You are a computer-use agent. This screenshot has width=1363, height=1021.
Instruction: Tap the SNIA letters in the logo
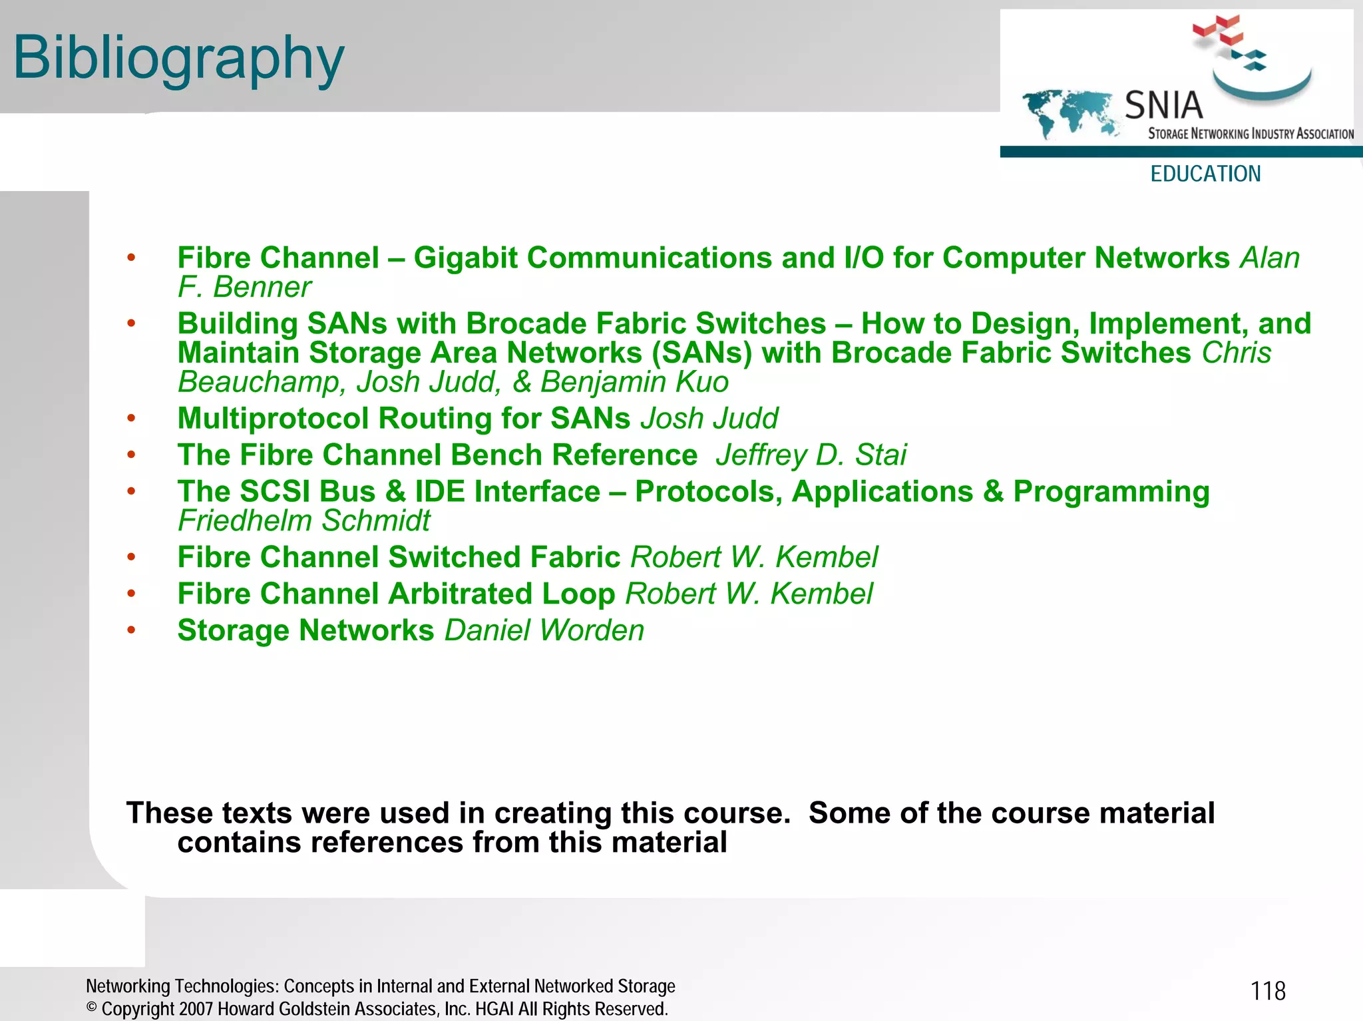(1163, 105)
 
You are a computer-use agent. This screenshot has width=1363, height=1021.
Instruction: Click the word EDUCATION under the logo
(1205, 174)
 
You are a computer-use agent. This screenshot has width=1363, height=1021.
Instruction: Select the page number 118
(1268, 991)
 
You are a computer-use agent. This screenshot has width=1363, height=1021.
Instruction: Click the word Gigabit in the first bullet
(465, 258)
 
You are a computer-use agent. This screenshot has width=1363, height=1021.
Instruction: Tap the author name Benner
(262, 288)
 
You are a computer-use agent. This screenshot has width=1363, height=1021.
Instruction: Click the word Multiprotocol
(273, 419)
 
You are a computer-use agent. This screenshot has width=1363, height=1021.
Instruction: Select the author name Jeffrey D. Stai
(811, 455)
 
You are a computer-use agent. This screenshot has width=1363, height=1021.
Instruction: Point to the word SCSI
(274, 492)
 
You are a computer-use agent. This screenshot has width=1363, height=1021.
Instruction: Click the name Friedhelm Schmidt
(304, 521)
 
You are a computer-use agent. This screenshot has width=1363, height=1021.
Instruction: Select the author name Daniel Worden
(544, 630)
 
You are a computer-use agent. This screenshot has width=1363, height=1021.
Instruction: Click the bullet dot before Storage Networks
(132, 630)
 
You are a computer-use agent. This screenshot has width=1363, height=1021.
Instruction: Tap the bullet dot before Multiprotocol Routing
(132, 418)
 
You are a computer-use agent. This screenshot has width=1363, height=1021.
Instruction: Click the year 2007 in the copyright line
(196, 1009)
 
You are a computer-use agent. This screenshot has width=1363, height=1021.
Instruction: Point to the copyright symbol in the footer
(92, 1008)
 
